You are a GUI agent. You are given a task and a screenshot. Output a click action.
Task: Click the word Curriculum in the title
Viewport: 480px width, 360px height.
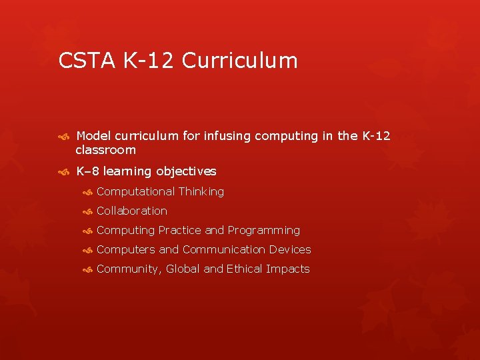239,61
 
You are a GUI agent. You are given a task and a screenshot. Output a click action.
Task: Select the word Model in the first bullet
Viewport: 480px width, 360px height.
93,136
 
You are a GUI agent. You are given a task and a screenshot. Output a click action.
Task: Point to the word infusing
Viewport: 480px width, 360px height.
227,136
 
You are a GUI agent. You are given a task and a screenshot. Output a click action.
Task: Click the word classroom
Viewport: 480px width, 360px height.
105,150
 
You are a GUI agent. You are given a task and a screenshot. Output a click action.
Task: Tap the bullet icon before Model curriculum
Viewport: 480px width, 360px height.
64,137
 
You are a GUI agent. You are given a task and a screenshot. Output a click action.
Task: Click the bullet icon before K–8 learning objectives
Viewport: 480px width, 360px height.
64,172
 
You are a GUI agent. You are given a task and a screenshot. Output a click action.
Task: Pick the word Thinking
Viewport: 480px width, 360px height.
201,191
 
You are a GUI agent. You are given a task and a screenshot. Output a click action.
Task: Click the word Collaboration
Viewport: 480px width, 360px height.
132,211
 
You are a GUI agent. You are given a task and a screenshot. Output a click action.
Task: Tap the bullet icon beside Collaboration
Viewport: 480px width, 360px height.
87,211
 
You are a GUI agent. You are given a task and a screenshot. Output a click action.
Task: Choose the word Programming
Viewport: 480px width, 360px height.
264,230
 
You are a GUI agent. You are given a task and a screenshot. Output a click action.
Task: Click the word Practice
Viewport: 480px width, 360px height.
180,230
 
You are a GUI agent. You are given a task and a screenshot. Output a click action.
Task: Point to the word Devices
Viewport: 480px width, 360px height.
290,249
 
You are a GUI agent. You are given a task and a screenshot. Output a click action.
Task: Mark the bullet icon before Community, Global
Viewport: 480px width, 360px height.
87,269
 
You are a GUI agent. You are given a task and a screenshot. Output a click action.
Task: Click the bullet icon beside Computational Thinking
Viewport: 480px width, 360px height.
87,192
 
